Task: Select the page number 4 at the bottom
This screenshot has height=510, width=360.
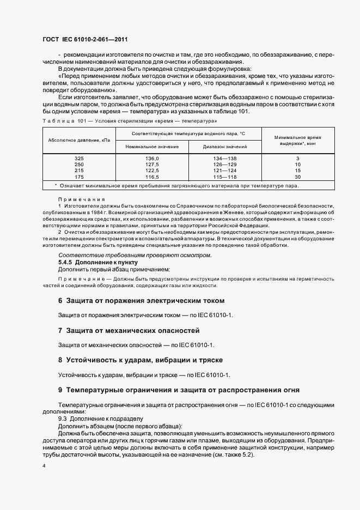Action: pos(44,466)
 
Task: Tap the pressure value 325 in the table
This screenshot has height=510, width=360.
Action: pos(79,159)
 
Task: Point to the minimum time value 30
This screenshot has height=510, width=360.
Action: pos(297,177)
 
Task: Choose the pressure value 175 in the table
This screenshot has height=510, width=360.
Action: pos(79,177)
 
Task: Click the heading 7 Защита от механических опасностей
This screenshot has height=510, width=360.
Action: pos(129,331)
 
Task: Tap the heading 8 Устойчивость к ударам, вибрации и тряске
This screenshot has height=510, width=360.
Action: pos(144,361)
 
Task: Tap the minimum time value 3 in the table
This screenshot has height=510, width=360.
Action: pos(297,159)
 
